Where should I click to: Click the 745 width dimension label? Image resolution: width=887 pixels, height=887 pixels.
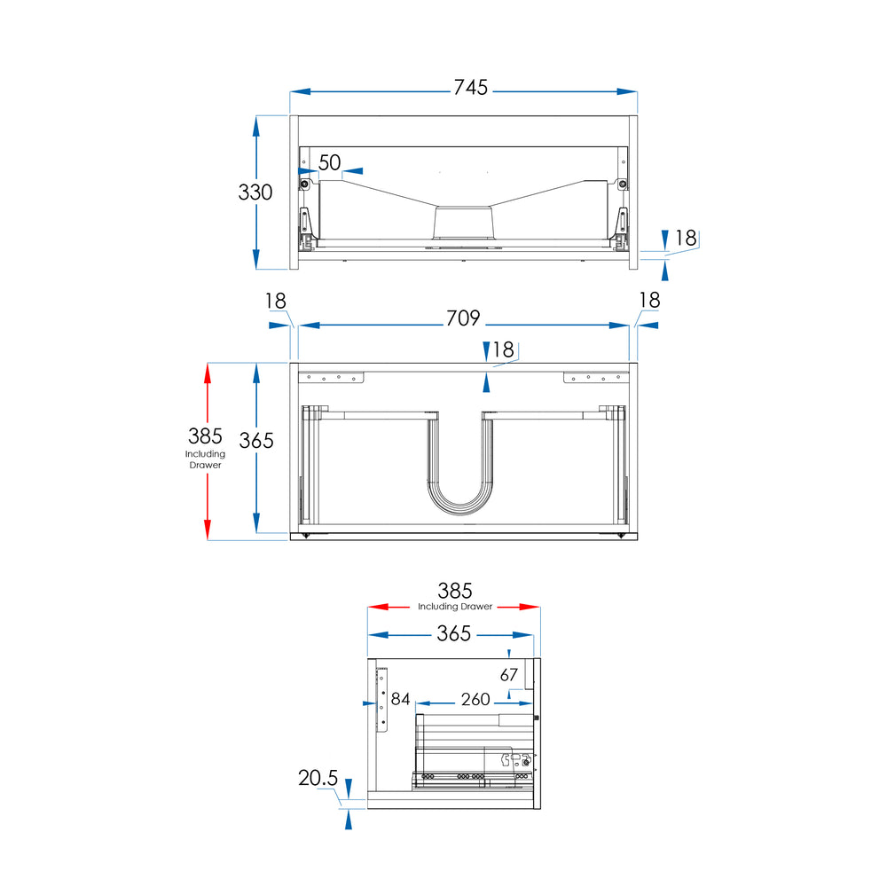(x=471, y=87)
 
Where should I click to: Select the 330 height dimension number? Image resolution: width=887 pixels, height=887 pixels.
(x=255, y=192)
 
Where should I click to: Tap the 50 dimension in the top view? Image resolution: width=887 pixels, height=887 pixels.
(x=330, y=163)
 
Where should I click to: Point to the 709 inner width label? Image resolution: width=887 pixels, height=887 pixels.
(x=463, y=318)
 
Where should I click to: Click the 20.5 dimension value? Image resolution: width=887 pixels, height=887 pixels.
(x=318, y=778)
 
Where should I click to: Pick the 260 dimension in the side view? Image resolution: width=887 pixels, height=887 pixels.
(x=475, y=699)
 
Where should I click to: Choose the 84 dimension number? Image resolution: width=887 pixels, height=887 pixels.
(x=401, y=699)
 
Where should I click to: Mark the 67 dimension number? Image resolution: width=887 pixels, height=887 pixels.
(x=509, y=675)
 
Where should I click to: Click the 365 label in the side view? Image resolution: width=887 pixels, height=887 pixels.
(x=453, y=633)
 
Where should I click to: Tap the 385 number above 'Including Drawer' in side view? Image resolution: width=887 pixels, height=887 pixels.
(x=455, y=591)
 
